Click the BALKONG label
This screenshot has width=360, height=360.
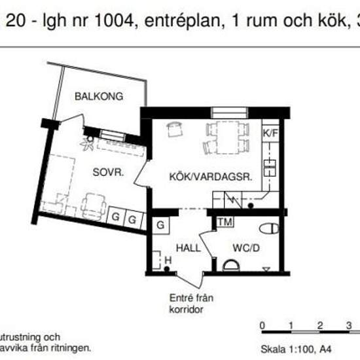coord(99,96)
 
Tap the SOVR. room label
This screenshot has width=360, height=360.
coord(108,173)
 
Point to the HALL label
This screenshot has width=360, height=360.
coord(189,248)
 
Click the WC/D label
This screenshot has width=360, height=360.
coord(247,248)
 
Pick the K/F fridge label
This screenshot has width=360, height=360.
coord(270,133)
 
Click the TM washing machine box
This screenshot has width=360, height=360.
coord(226,223)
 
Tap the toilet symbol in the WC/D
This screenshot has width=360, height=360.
coord(268,228)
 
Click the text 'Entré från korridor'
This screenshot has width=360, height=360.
coord(191,302)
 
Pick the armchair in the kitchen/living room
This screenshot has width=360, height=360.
coord(174,129)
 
